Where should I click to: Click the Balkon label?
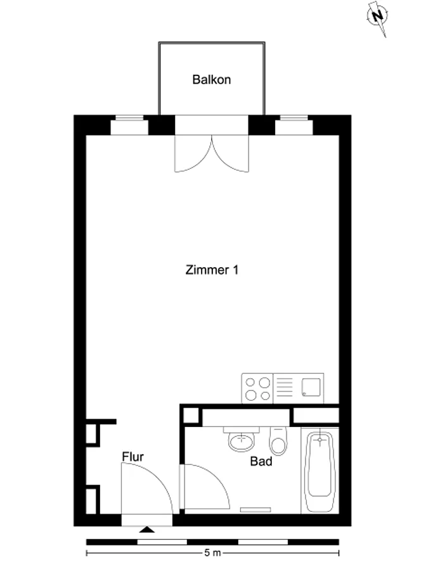(212, 80)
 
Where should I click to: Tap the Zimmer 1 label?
(212, 270)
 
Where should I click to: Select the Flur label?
(132, 457)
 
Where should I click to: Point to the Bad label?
(261, 461)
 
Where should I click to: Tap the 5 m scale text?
(212, 553)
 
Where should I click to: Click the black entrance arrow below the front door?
(147, 529)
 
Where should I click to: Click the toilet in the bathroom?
(278, 441)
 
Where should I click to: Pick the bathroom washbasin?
(242, 440)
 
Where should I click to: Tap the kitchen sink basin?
(311, 387)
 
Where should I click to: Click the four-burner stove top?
(257, 388)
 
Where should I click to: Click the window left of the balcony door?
(129, 125)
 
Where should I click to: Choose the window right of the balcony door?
(294, 125)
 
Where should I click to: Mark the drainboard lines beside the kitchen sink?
(284, 388)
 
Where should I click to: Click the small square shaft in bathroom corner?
(191, 416)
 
